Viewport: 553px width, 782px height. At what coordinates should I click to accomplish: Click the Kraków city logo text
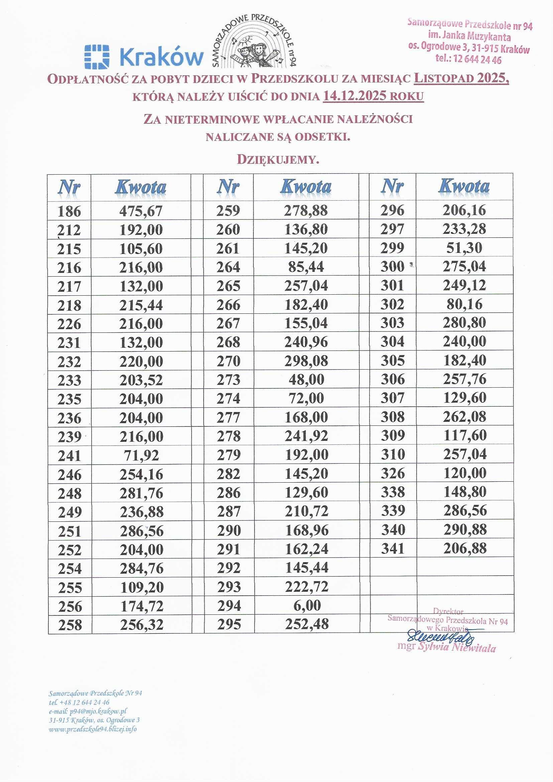click(x=161, y=56)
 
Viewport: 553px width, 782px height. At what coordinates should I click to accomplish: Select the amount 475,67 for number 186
click(x=141, y=211)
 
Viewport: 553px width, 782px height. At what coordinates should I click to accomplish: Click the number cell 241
click(x=70, y=456)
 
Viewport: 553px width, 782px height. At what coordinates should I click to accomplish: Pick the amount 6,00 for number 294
click(x=307, y=605)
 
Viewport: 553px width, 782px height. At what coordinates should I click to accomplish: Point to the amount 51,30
click(x=464, y=248)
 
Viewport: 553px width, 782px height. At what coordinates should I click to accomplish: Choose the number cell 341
click(x=393, y=548)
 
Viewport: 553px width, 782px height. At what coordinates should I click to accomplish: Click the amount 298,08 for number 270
click(x=306, y=361)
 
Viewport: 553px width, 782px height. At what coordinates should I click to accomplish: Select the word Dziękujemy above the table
click(x=278, y=160)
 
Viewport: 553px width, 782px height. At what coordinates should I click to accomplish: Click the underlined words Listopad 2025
click(x=461, y=78)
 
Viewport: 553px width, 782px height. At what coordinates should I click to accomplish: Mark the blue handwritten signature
click(x=441, y=636)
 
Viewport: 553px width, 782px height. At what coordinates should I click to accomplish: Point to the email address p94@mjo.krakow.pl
click(x=98, y=711)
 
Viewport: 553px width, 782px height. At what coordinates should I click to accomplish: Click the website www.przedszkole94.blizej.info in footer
click(x=93, y=729)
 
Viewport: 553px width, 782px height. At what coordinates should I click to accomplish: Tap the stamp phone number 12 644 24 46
click(x=477, y=60)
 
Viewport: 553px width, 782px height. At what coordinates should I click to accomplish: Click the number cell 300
click(x=392, y=266)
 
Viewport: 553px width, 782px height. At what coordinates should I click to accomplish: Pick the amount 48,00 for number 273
click(x=307, y=379)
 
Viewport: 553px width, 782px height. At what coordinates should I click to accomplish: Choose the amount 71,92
click(x=141, y=455)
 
